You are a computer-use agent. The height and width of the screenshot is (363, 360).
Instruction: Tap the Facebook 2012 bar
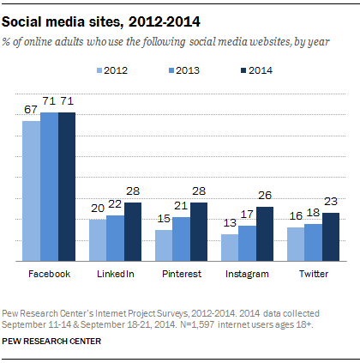coord(31,191)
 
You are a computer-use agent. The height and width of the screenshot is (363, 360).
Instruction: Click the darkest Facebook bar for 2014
coord(67,186)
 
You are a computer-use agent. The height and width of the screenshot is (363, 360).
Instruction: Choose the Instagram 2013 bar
coord(246,243)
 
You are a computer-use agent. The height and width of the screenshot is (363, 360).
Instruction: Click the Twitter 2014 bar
coord(330,237)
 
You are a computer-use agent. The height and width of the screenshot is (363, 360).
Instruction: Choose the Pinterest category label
coord(181,275)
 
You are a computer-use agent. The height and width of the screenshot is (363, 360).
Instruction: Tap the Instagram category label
coord(246,275)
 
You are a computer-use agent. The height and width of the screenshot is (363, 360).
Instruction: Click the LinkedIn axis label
coord(114,275)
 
